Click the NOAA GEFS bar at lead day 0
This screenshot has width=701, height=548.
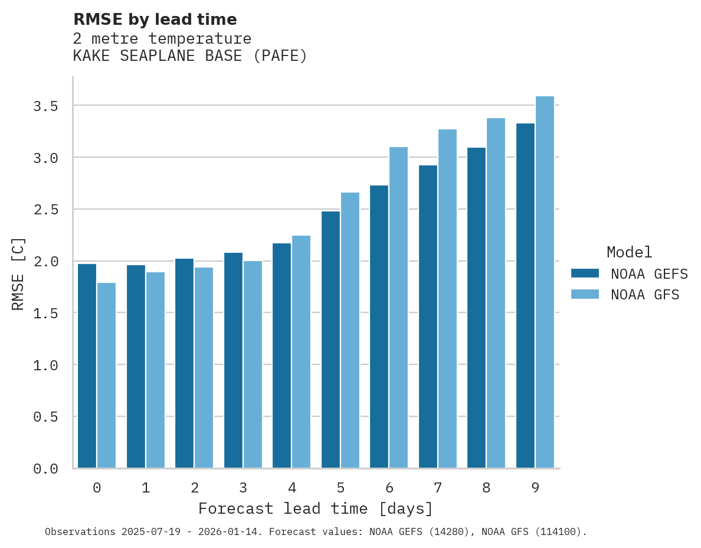87,366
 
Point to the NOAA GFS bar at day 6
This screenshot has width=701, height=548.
398,308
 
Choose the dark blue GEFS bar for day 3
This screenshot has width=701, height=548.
233,360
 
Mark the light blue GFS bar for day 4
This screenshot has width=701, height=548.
301,352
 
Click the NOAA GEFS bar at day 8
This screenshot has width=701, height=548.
476,308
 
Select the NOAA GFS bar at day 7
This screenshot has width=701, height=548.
447,299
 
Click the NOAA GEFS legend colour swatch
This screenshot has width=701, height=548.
585,273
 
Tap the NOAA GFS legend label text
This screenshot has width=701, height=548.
645,295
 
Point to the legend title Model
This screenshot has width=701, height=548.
629,252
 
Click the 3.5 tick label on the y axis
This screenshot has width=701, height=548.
45,106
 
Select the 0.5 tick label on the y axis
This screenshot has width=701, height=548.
45,417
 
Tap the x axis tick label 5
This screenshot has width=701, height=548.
340,488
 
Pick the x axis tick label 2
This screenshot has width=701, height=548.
194,488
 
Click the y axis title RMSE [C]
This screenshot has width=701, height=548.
18,273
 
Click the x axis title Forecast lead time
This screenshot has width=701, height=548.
315,508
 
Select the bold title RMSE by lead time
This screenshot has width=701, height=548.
155,19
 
